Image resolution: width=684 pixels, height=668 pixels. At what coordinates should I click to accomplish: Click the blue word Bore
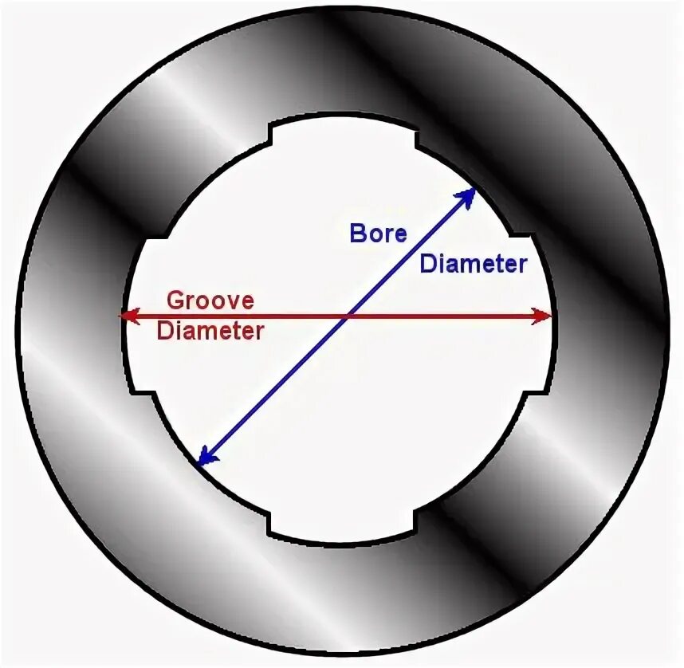[x=378, y=233]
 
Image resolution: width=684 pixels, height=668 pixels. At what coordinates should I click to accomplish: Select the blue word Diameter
[x=474, y=264]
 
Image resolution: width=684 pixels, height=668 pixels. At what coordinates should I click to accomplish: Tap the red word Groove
[x=210, y=301]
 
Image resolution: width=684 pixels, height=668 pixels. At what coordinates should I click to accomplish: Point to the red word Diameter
[x=210, y=331]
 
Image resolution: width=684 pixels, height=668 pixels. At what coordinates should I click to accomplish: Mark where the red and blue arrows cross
[x=347, y=316]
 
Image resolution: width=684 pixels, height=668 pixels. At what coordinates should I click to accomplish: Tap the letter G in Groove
[x=174, y=301]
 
